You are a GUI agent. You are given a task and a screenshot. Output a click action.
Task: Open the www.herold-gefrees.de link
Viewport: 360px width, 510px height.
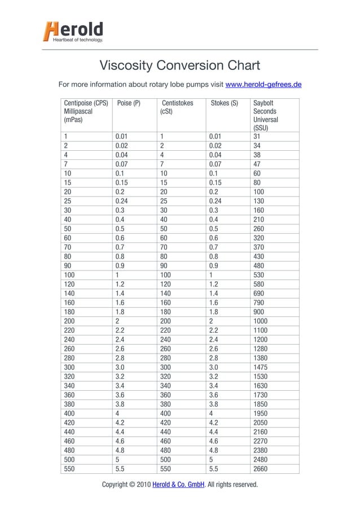(x=263, y=85)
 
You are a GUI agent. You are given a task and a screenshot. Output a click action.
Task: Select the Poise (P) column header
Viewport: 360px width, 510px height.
(x=129, y=104)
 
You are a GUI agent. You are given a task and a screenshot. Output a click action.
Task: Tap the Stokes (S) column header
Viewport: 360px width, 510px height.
(x=224, y=104)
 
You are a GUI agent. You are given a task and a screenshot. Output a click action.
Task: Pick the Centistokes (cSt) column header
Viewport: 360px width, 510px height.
(x=177, y=108)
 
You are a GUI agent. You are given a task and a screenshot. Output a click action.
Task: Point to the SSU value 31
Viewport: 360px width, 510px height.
(x=258, y=136)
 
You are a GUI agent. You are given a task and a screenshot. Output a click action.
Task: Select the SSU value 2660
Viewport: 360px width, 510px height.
(x=262, y=468)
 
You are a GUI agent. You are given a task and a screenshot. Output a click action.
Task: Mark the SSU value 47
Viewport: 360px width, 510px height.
(x=258, y=164)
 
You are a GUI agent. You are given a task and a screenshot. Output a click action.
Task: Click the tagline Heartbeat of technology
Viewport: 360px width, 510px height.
(x=78, y=40)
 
